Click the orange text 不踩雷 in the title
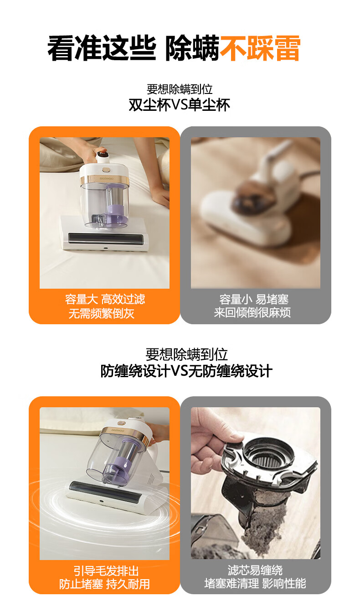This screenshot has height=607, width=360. tap(260, 48)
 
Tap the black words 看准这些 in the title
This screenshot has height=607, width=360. tap(102, 48)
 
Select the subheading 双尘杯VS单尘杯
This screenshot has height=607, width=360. tap(180, 105)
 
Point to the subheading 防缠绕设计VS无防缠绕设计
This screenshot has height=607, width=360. tap(186, 371)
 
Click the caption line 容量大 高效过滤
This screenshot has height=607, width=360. tap(105, 300)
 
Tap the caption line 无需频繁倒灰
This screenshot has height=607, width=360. tap(102, 313)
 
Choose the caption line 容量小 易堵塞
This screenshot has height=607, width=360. tap(254, 300)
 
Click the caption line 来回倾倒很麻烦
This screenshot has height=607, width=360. tap(252, 312)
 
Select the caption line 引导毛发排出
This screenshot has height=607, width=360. tap(106, 571)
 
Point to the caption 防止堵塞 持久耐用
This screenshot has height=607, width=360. tap(104, 584)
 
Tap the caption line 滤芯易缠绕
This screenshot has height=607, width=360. tap(255, 570)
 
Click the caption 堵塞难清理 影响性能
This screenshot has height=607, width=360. tap(255, 583)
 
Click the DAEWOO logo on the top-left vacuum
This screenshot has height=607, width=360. tap(107, 179)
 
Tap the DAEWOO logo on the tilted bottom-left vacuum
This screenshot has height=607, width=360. tap(118, 431)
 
